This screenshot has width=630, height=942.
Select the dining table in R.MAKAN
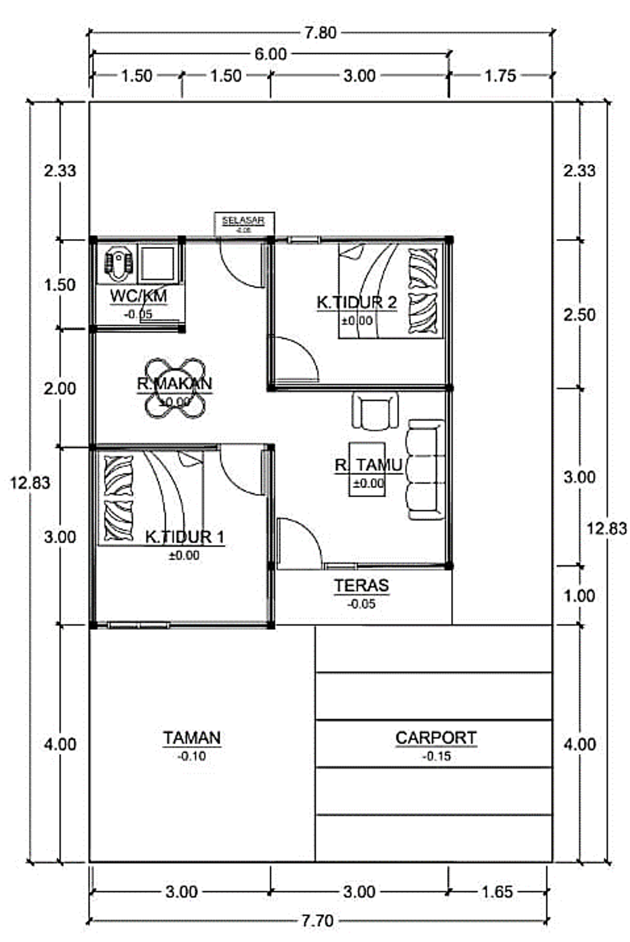[x=175, y=388]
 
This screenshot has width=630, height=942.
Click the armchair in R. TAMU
[x=375, y=410]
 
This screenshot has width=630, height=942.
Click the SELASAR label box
[x=244, y=224]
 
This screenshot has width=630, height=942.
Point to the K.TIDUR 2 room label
[x=356, y=302]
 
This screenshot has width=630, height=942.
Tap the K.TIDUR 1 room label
[x=185, y=537]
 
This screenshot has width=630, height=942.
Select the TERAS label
[x=362, y=586]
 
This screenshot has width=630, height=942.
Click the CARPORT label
[x=436, y=738]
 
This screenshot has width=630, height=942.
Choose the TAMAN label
[x=192, y=738]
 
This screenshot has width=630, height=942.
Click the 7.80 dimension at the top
[x=321, y=33]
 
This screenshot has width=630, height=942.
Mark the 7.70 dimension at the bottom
[x=317, y=920]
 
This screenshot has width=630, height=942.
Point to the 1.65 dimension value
[x=496, y=892]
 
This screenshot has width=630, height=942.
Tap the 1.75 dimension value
[x=500, y=76]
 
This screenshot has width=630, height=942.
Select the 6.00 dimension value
[x=271, y=54]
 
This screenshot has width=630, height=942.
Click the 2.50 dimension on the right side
[x=580, y=315]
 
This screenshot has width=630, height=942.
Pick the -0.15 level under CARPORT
[x=437, y=756]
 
